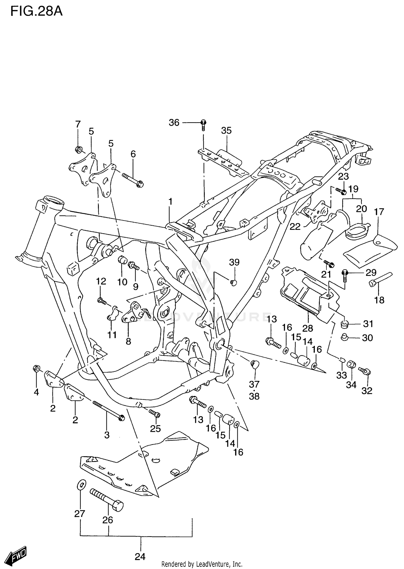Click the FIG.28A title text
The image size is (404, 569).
36,12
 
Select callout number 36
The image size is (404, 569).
174,123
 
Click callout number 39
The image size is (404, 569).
234,262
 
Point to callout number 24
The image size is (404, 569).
140,556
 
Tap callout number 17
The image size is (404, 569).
379,212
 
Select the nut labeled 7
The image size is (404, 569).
79,149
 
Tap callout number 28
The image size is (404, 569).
308,328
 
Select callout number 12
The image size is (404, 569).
101,281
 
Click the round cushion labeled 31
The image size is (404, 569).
345,324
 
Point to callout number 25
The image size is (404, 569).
155,428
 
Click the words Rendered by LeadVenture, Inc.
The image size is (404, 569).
202,564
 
